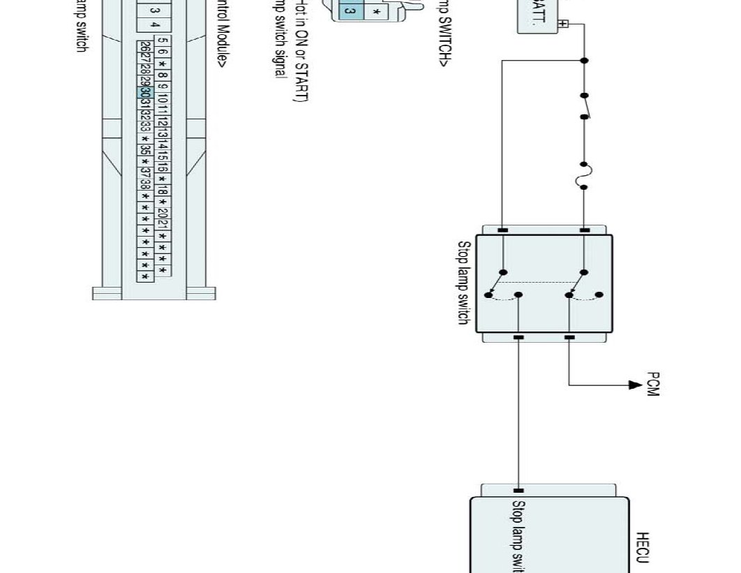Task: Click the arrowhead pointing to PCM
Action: pyautogui.click(x=634, y=385)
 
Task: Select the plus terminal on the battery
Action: pyautogui.click(x=564, y=24)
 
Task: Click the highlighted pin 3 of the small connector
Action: pyautogui.click(x=350, y=11)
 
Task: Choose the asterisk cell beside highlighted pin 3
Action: pyautogui.click(x=377, y=13)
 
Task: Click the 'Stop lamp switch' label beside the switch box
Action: pyautogui.click(x=463, y=283)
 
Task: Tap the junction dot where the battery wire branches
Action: pyautogui.click(x=585, y=61)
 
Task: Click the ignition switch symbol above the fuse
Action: pyautogui.click(x=585, y=106)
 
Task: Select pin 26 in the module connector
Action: pyautogui.click(x=145, y=46)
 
